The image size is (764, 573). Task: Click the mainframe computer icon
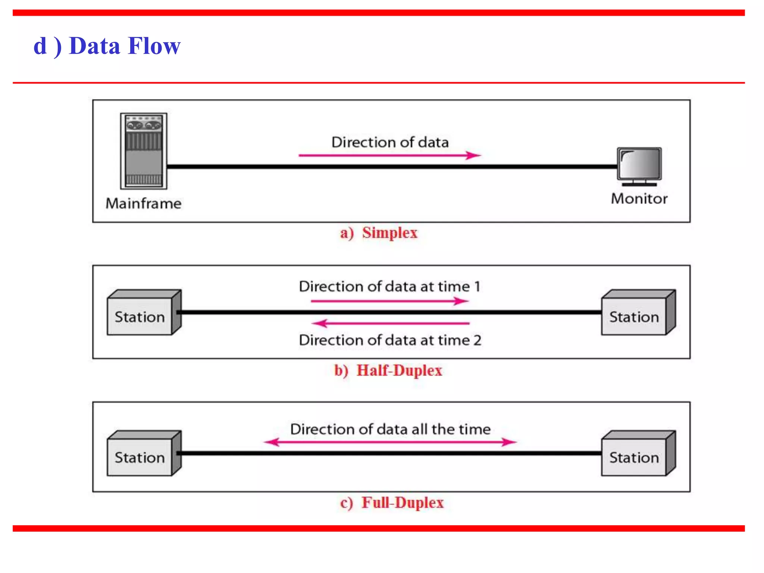[x=144, y=151]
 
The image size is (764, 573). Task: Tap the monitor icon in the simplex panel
[x=639, y=166]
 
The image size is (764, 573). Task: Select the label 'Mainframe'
[x=144, y=204]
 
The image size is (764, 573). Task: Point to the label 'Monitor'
[x=639, y=198]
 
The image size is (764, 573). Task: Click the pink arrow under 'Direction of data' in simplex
[x=389, y=155]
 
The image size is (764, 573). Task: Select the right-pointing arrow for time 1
[x=389, y=301]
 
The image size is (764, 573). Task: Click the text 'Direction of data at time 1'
[x=389, y=286]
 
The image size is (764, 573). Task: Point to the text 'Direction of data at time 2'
[x=390, y=340]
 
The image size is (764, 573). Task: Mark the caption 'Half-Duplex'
[x=399, y=370]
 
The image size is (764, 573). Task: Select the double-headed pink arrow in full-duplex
[x=390, y=442]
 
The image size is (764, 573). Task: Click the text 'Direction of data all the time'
[x=390, y=429]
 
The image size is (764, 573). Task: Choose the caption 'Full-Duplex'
[x=402, y=502]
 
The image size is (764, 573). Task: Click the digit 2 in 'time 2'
[x=477, y=340]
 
